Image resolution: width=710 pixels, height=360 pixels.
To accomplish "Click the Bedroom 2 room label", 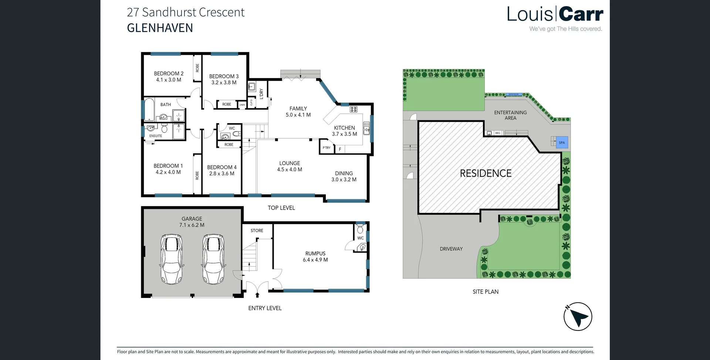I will pyautogui.click(x=169, y=74).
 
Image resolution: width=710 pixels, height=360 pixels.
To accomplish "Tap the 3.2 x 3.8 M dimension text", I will pyautogui.click(x=224, y=83).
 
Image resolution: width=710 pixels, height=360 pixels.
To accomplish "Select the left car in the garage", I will pyautogui.click(x=171, y=259).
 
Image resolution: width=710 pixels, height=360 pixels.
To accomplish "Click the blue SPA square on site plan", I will pyautogui.click(x=562, y=143).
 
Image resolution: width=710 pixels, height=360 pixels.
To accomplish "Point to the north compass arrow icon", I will pyautogui.click(x=578, y=316).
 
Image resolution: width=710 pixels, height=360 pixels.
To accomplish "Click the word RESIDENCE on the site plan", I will pyautogui.click(x=486, y=173).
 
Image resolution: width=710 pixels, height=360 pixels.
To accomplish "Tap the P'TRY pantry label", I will pyautogui.click(x=326, y=148).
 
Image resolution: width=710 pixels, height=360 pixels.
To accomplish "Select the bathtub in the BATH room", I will pyautogui.click(x=149, y=109).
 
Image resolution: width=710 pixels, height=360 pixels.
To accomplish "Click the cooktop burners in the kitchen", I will pyautogui.click(x=354, y=109).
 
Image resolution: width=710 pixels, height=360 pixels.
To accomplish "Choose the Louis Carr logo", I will pyautogui.click(x=555, y=15).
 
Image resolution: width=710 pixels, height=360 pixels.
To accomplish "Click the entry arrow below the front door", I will pyautogui.click(x=257, y=295).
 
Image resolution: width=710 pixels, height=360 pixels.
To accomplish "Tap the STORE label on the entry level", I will pyautogui.click(x=257, y=231).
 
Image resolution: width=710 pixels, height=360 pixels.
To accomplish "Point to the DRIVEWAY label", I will pyautogui.click(x=451, y=249).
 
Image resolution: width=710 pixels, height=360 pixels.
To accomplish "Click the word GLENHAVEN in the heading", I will pyautogui.click(x=160, y=28).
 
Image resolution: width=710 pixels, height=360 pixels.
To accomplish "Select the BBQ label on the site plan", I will pyautogui.click(x=498, y=133).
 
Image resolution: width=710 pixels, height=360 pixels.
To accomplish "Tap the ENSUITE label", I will pyautogui.click(x=156, y=136).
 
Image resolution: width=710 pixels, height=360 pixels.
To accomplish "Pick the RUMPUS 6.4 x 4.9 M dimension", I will pyautogui.click(x=315, y=260).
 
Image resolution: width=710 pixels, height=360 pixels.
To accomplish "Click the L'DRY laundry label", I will pyautogui.click(x=261, y=94).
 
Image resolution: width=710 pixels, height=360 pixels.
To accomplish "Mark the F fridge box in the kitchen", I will pyautogui.click(x=340, y=149).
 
